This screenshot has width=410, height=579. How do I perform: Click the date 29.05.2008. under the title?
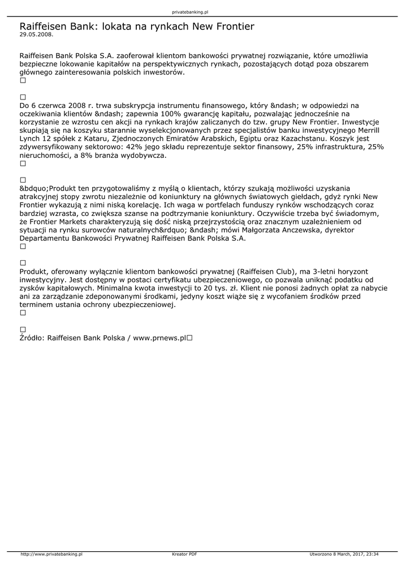click(x=36, y=34)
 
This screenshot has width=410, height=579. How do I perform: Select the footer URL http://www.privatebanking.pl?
click(x=51, y=554)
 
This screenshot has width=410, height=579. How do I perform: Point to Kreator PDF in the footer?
click(x=184, y=554)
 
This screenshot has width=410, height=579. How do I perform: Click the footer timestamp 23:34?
click(x=372, y=554)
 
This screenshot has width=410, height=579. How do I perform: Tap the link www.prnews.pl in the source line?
click(x=159, y=338)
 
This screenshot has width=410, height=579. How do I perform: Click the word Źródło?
click(x=32, y=338)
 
